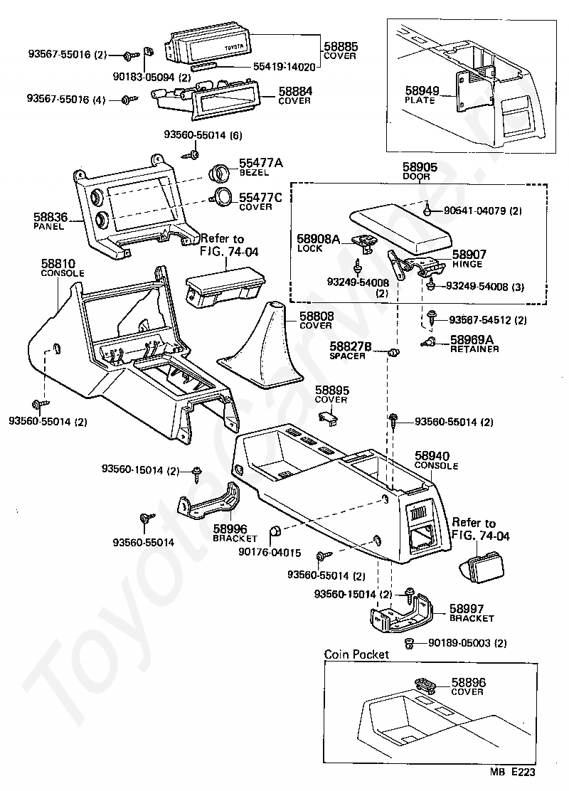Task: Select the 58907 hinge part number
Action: pyautogui.click(x=467, y=254)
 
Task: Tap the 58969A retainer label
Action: pyautogui.click(x=472, y=340)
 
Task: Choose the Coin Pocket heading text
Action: pyautogui.click(x=357, y=654)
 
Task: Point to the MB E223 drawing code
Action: pyautogui.click(x=511, y=770)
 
